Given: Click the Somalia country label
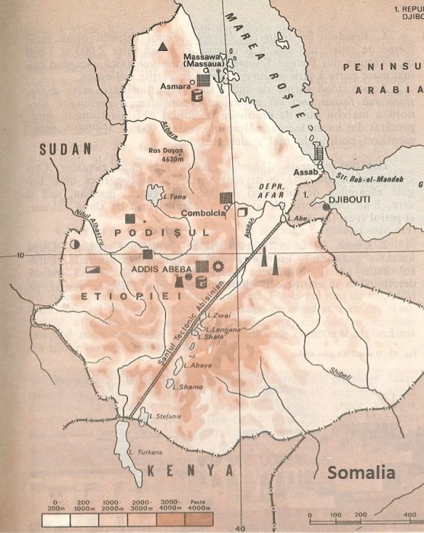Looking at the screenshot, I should (361, 473).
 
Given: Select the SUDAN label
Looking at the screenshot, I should (65, 149).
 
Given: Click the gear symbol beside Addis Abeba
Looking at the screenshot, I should (219, 266).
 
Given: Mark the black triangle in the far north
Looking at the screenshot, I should (161, 46).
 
